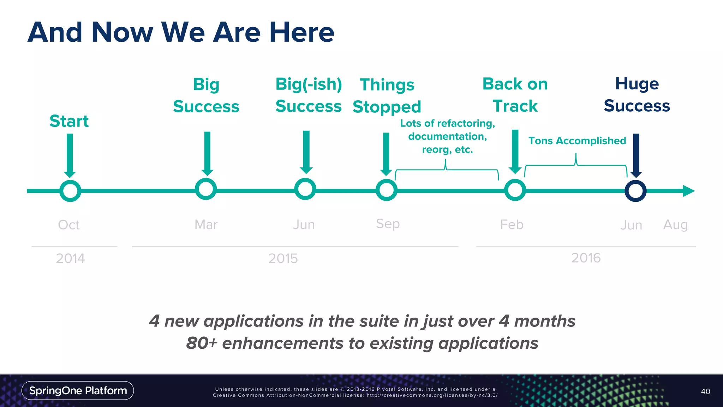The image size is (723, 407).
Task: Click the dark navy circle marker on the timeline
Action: (x=635, y=191)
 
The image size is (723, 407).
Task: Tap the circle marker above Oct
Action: (x=70, y=191)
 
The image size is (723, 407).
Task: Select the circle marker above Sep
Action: (x=387, y=190)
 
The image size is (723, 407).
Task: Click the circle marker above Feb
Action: (x=515, y=190)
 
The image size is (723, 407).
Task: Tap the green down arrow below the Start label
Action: (x=70, y=155)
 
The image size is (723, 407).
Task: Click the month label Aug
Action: (x=675, y=225)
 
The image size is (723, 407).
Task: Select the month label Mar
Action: (x=206, y=225)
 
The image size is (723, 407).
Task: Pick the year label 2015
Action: (x=283, y=259)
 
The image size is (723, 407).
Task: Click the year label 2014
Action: (x=70, y=259)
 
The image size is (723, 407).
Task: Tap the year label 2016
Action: (x=586, y=258)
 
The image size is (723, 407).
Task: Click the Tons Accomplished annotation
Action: (x=577, y=141)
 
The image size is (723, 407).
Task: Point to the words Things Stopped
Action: (x=387, y=96)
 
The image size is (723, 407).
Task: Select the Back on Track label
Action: (x=515, y=95)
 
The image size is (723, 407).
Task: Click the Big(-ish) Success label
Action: (x=309, y=95)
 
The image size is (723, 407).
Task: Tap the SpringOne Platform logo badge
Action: (x=78, y=390)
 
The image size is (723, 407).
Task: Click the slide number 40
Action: (x=705, y=391)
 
